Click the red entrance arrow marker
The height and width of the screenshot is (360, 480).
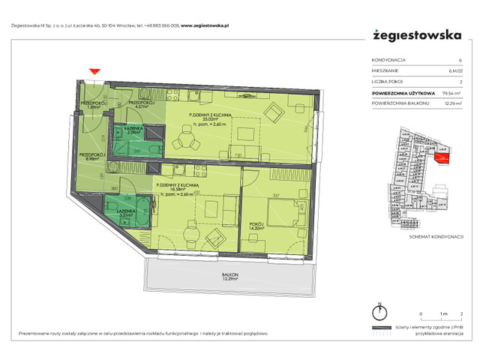coord(94,72)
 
